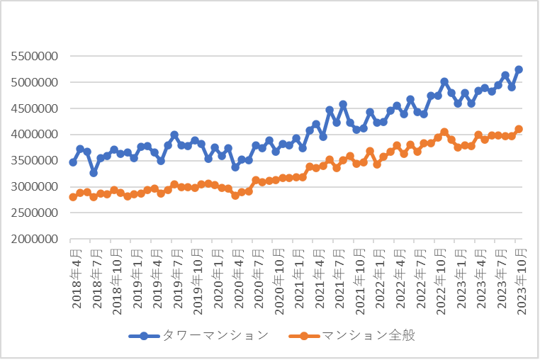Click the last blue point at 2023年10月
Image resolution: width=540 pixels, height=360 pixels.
(x=519, y=69)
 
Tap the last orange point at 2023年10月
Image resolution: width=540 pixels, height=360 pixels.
(x=519, y=130)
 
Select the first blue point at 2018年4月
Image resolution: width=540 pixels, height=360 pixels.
(x=73, y=162)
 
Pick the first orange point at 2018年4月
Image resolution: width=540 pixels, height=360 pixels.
(x=73, y=197)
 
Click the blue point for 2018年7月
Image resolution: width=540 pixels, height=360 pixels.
(x=94, y=173)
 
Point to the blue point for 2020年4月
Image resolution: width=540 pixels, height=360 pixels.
(x=235, y=167)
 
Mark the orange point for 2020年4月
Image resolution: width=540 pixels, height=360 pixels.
(x=235, y=196)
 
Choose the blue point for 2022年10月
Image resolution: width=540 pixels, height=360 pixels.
(x=444, y=82)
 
